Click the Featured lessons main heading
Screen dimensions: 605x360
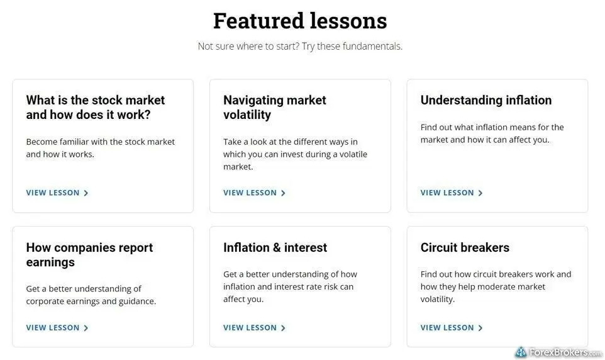tap(300, 21)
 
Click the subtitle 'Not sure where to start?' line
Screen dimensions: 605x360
tap(300, 47)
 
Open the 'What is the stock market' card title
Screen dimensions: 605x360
tap(96, 108)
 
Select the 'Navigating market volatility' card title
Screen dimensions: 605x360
tap(275, 108)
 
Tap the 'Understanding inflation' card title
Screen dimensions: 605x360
tap(486, 100)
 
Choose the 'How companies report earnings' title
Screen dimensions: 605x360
tap(89, 254)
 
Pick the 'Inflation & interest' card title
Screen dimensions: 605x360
tap(275, 247)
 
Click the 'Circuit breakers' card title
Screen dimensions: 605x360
tap(465, 247)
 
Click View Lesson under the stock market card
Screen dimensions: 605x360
tap(57, 193)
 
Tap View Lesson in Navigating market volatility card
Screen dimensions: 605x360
tap(254, 193)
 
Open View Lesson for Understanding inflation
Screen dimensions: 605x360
tap(452, 193)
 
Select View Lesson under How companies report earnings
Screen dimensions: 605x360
tap(57, 327)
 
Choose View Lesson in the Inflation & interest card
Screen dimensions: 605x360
tap(254, 327)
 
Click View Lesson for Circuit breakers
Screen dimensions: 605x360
tap(452, 327)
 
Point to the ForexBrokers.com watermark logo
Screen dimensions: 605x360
tap(558, 352)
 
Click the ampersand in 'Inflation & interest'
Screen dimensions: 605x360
tap(275, 247)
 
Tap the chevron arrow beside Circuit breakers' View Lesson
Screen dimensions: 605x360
tap(480, 328)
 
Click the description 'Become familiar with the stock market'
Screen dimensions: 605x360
tap(101, 142)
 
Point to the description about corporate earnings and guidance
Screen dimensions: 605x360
tap(91, 295)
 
